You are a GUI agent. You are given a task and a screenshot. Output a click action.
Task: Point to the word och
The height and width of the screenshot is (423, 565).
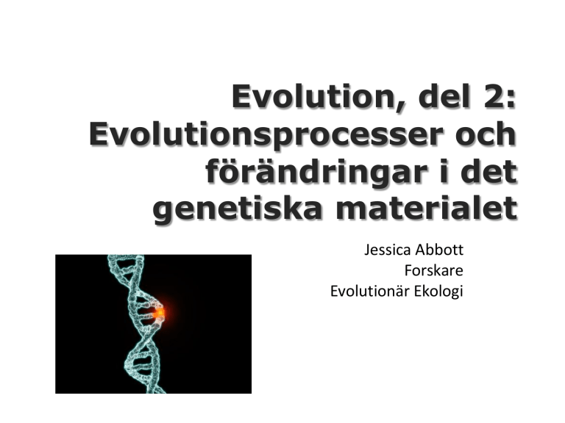pos(486,134)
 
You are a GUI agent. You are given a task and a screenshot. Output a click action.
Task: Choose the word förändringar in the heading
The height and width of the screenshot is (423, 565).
pos(317,172)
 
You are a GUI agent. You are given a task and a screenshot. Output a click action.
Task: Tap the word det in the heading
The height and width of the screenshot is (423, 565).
pos(488,171)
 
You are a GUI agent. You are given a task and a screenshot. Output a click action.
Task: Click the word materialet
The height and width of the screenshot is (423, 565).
pos(427,208)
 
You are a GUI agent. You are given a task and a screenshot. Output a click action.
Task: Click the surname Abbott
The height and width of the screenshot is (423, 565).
pos(440,249)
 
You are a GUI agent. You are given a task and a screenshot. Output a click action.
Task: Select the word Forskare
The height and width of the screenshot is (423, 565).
pos(434,270)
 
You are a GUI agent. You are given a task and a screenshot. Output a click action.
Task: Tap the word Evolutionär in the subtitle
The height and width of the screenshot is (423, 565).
pos(370,291)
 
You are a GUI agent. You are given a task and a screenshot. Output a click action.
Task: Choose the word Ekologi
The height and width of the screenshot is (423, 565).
pos(438,292)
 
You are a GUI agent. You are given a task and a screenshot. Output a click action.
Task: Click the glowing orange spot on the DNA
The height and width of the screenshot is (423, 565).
pos(159,314)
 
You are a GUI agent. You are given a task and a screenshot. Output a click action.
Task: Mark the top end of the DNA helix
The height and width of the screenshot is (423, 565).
pos(126,256)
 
